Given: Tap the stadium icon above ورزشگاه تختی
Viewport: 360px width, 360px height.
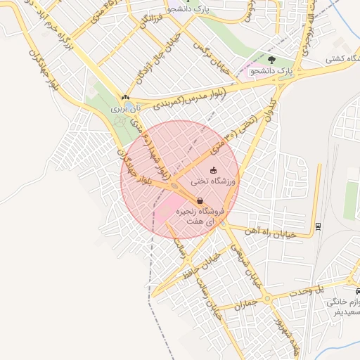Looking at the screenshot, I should [x=213, y=170].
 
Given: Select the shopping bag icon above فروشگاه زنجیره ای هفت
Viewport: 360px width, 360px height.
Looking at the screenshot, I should [x=200, y=200].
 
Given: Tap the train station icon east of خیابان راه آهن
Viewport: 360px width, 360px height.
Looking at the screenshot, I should [x=317, y=226].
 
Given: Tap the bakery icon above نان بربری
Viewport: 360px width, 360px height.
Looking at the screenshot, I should [x=125, y=98].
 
